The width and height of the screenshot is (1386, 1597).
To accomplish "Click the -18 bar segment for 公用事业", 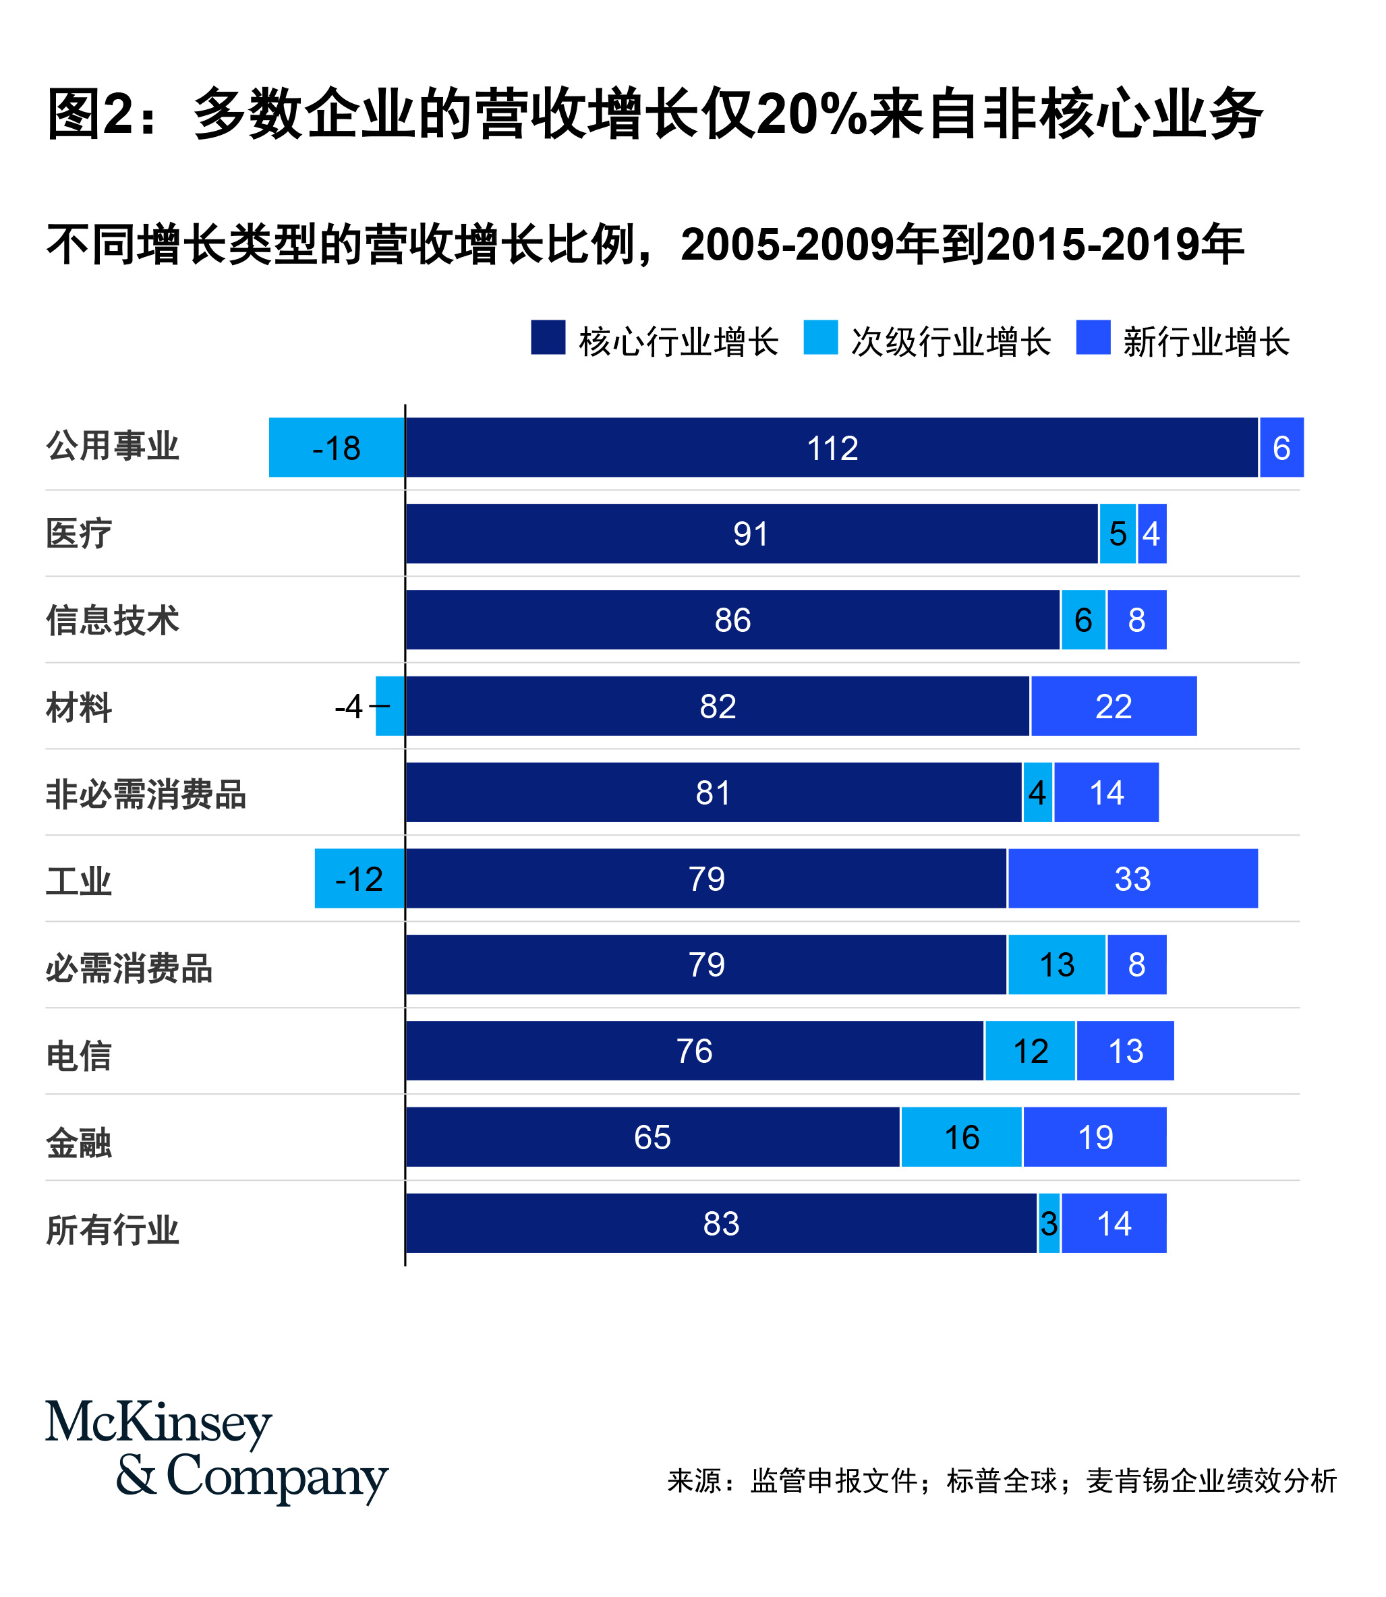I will (x=337, y=448).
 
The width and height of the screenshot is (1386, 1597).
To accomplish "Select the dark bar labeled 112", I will (x=832, y=448).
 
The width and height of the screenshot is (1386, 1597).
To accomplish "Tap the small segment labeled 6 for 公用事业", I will (x=1281, y=448).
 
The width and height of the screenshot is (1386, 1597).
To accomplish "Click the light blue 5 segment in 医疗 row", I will (x=1118, y=533).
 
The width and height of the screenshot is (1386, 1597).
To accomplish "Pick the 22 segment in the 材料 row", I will (x=1114, y=706).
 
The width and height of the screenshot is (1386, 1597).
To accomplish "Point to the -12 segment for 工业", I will (x=359, y=879).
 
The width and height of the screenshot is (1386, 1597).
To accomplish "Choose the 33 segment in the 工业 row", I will (x=1132, y=879).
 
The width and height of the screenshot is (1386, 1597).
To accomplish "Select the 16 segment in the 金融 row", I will (x=961, y=1137).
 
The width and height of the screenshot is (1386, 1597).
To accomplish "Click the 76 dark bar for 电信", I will (x=695, y=1051).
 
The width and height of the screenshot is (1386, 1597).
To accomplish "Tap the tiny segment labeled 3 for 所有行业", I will (x=1049, y=1223).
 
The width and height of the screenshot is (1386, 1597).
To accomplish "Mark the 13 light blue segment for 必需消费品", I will (x=1056, y=964).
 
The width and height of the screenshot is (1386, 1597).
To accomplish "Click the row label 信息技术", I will (x=113, y=620).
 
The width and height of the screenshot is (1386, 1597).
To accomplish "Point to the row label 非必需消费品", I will (x=146, y=794).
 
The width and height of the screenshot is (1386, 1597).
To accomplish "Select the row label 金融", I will (x=79, y=1143).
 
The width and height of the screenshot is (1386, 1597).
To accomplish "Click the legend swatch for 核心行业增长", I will (x=548, y=338).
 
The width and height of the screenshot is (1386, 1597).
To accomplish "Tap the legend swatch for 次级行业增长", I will (x=821, y=338).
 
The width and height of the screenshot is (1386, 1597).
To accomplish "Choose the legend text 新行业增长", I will (x=1207, y=342).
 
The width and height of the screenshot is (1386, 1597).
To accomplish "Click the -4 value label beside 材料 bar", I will (x=349, y=706).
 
